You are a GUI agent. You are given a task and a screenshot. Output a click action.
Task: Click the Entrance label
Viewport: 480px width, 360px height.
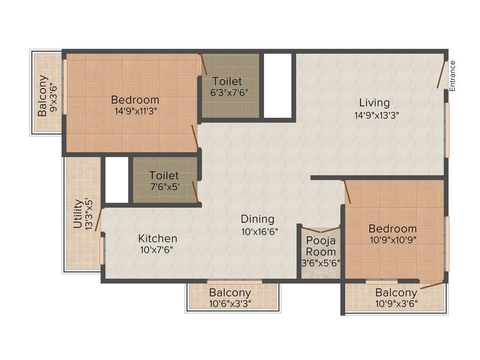coord(452,75)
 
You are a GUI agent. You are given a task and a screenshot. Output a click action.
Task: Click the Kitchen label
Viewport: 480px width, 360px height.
coord(157,239)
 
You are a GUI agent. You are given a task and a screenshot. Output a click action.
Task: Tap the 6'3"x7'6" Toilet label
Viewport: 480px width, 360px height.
coord(227,81)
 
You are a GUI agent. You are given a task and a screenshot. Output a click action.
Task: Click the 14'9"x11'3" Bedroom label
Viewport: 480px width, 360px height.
coord(135,100)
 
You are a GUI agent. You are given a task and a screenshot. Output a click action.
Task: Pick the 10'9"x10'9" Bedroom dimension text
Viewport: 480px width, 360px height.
coord(392,239)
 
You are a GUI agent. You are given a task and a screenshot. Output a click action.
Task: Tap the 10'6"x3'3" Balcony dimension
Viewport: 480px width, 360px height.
coord(230,303)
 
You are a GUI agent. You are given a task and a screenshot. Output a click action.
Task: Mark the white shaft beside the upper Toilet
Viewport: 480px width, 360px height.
coord(277,85)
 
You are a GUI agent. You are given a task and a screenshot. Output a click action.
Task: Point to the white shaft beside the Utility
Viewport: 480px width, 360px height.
coord(116,179)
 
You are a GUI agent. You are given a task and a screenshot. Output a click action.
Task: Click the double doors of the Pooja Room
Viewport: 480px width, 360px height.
coord(320,230)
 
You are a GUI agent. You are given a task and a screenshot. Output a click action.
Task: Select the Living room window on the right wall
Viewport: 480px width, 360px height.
coord(447,130)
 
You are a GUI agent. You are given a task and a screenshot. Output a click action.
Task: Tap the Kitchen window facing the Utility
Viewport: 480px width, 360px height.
coord(102,251)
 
